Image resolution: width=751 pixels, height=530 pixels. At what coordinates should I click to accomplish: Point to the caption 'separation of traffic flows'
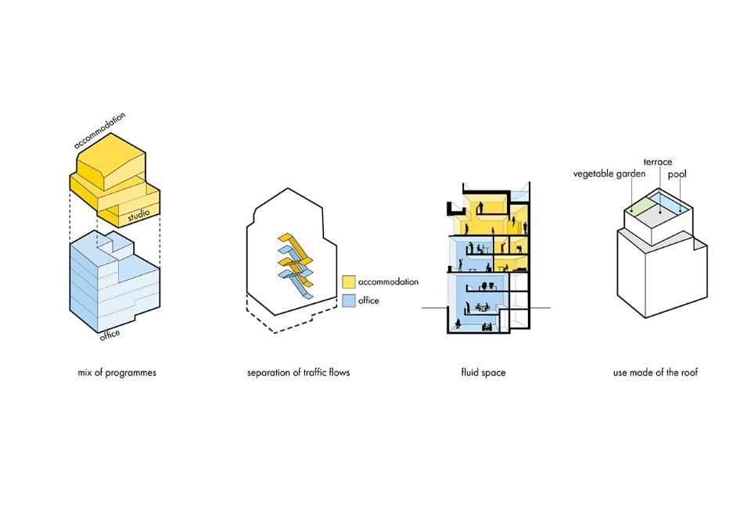(298, 373)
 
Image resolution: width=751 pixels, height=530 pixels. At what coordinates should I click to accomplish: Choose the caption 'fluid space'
(483, 373)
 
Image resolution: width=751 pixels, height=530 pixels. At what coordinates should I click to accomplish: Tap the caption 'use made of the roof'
(656, 373)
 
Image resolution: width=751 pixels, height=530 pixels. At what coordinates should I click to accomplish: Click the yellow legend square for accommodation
(348, 282)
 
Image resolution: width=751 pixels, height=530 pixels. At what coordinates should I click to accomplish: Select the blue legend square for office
(348, 301)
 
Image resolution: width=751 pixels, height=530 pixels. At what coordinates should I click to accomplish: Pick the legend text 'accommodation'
(388, 282)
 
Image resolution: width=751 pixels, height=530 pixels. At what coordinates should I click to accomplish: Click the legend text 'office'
(369, 301)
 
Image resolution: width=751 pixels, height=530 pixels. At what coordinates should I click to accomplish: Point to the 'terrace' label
(657, 162)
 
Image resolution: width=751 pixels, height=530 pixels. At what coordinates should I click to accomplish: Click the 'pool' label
(677, 174)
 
